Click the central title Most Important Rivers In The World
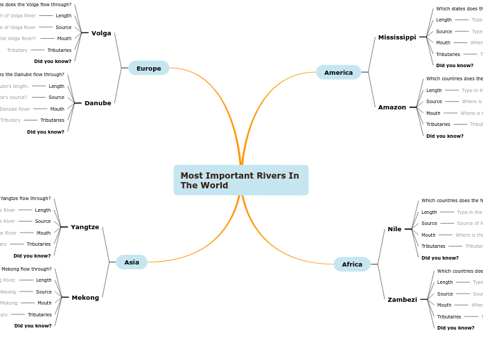click(240, 180)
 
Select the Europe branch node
click(148, 68)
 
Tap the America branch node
click(338, 72)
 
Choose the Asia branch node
click(132, 262)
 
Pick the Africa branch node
click(352, 264)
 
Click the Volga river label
click(101, 33)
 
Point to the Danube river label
click(98, 103)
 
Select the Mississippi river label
click(397, 37)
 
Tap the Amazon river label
click(392, 107)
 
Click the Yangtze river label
click(85, 227)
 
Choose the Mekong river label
click(85, 298)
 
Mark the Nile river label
click(394, 229)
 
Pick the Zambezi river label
click(402, 300)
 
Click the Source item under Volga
click(64, 27)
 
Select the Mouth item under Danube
click(57, 109)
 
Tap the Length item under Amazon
click(434, 90)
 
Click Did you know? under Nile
click(440, 258)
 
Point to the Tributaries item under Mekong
click(39, 314)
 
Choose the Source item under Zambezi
click(444, 294)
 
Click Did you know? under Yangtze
click(32, 255)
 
